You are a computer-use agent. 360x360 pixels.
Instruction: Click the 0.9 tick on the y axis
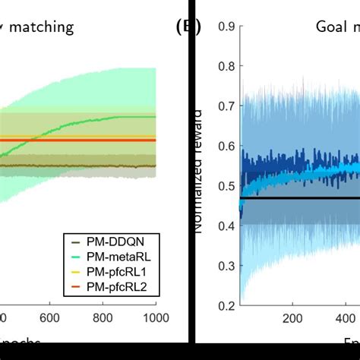pos(226,27)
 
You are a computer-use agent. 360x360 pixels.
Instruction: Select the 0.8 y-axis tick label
pos(226,67)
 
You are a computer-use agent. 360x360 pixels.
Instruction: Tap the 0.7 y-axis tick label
pos(226,106)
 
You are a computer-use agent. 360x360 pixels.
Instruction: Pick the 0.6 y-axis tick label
pos(226,147)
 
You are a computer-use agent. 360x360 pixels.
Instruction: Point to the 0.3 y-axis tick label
pos(226,266)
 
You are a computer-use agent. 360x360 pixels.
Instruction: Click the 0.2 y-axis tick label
pos(226,305)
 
